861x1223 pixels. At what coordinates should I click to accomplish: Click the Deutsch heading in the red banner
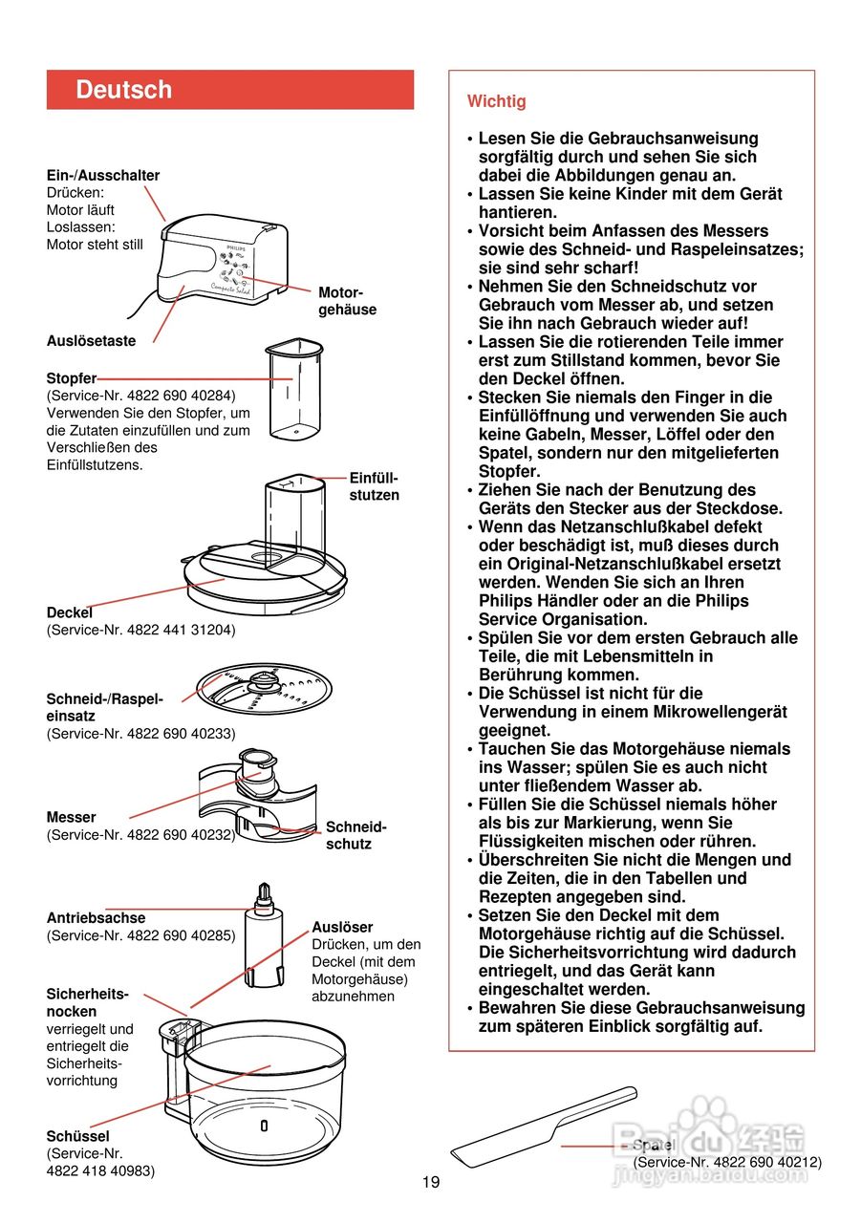coord(124,90)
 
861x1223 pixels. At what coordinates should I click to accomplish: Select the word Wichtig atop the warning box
coord(496,101)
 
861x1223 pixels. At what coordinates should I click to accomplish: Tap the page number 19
coord(431,1182)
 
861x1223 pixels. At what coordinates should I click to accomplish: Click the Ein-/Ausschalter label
coord(103,175)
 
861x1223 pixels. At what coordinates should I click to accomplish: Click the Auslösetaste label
coord(91,340)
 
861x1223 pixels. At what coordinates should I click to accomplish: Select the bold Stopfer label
coord(72,378)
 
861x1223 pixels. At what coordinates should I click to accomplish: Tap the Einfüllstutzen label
coord(374,486)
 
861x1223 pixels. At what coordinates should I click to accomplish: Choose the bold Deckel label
coord(70,612)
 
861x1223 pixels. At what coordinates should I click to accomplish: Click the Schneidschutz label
coord(355,835)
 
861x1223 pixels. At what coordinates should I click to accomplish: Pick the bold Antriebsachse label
coord(97,918)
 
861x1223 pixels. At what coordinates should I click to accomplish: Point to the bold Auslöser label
coord(342,927)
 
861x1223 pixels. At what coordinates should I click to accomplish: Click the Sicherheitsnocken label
coord(87,1002)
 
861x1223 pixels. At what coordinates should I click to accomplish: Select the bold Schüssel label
coord(77,1136)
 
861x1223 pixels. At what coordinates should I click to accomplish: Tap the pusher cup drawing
coord(292,387)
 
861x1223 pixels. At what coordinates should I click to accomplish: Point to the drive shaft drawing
coord(265,937)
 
